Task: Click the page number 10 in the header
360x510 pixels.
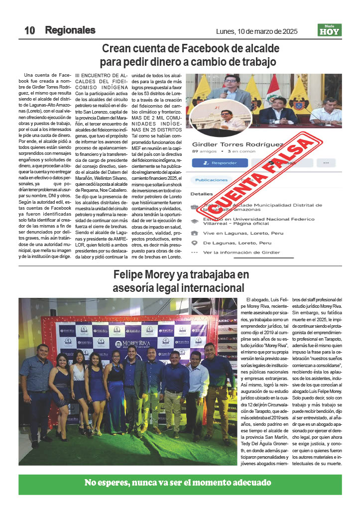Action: click(29, 30)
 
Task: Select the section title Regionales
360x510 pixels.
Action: click(70, 30)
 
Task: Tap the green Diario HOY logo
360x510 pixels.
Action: click(330, 30)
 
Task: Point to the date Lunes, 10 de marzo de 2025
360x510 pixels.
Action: click(256, 31)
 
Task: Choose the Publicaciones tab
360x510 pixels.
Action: click(212, 180)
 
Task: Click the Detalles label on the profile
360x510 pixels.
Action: click(202, 194)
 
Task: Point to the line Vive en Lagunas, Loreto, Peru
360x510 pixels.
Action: click(237, 233)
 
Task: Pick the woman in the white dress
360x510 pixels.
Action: click(79, 383)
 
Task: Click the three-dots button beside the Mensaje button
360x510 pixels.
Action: click(326, 163)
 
